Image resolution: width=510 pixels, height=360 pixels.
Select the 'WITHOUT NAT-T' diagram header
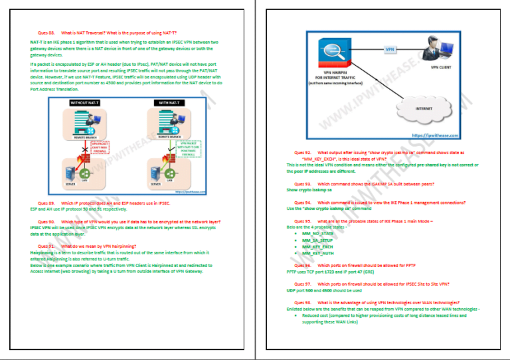point(86,103)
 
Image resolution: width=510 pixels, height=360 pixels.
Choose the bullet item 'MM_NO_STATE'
point(317,234)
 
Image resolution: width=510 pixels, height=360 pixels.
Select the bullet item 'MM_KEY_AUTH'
point(317,253)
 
